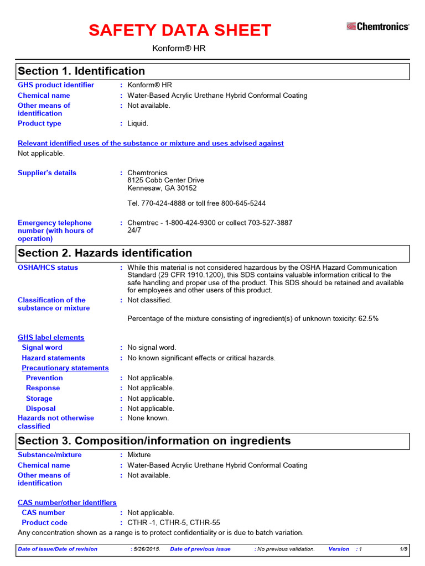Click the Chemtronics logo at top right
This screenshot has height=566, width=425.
click(378, 26)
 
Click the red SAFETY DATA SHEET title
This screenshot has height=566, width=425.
click(180, 30)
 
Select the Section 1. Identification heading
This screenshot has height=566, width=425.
click(81, 71)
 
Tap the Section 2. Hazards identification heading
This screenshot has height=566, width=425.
click(105, 253)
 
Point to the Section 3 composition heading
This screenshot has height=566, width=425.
click(154, 441)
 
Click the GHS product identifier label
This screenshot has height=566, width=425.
click(56, 85)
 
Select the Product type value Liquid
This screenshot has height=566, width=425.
click(138, 124)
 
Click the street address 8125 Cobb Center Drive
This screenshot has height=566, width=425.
click(165, 180)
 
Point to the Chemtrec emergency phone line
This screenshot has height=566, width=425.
click(210, 223)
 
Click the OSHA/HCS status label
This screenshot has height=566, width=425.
click(48, 268)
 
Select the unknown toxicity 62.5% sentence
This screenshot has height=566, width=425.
click(253, 319)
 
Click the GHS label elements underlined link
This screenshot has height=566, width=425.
click(51, 338)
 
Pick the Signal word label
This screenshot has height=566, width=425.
click(42, 348)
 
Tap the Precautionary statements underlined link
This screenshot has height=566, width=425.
click(65, 368)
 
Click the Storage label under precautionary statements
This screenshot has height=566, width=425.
click(39, 399)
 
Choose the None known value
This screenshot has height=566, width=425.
click(148, 418)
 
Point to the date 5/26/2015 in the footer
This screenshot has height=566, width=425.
click(145, 549)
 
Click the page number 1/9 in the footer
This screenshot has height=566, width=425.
click(403, 549)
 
